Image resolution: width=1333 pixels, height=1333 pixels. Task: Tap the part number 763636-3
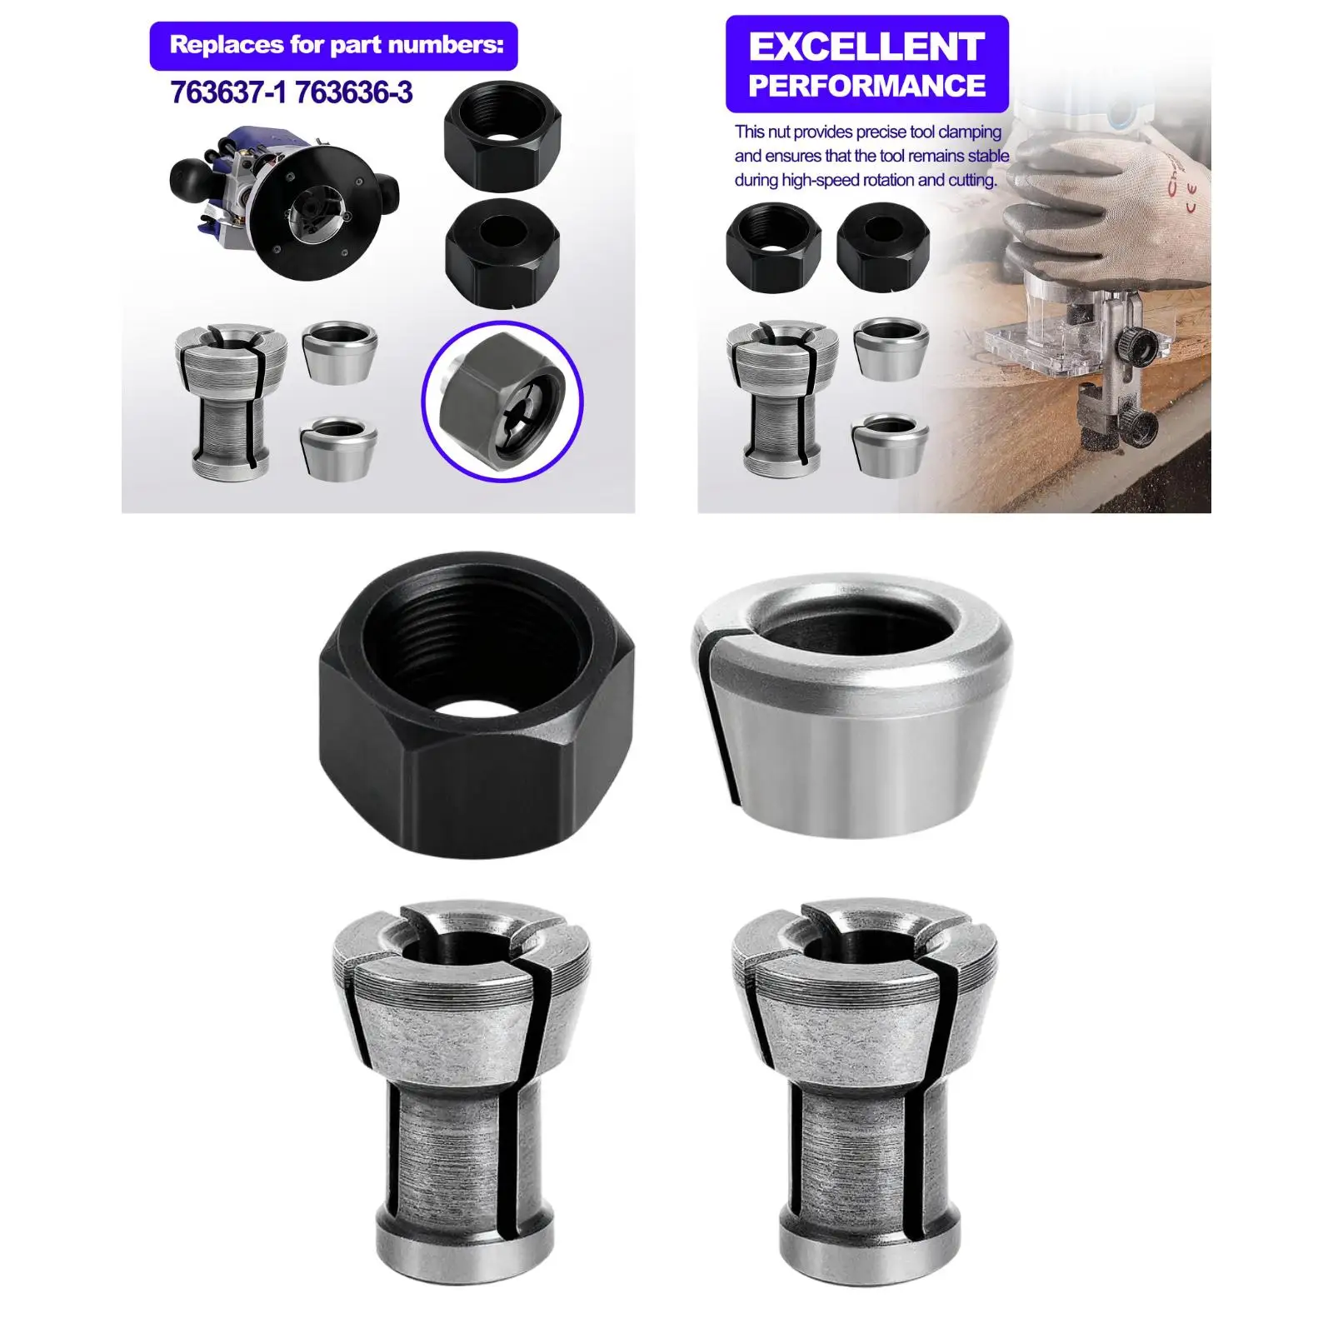tap(353, 92)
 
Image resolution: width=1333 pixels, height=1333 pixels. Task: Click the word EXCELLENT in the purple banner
tap(866, 47)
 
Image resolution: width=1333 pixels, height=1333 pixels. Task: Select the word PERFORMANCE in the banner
tap(866, 86)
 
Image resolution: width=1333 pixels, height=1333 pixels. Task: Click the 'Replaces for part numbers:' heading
tap(337, 44)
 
